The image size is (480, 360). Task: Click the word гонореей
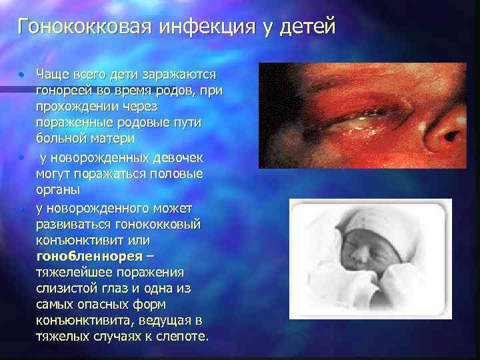click(61, 89)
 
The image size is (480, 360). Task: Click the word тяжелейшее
click(70, 271)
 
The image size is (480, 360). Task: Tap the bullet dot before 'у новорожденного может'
click(22, 207)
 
